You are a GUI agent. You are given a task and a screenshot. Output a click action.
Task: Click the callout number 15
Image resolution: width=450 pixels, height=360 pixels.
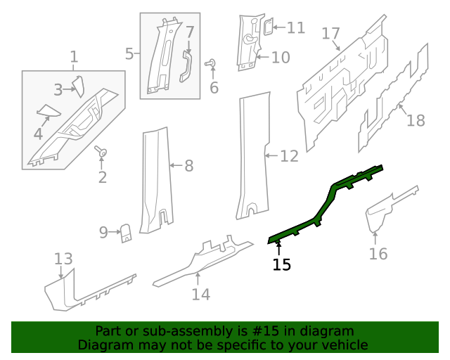point(282,264)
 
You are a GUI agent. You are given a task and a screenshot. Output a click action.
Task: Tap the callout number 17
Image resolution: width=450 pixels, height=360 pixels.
point(331,33)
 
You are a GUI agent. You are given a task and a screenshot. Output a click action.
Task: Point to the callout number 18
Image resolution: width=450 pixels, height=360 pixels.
point(416,120)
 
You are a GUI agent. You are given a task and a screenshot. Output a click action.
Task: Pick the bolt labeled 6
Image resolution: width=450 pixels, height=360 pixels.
point(210,64)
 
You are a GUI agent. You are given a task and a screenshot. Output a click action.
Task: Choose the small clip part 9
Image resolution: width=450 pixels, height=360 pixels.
point(127,232)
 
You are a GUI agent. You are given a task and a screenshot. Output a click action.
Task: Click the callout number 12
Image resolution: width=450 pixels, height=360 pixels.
point(290,156)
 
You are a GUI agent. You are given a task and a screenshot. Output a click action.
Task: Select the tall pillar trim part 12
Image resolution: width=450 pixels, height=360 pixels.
point(252,155)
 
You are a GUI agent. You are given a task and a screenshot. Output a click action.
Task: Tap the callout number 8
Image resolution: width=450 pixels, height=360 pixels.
point(188,166)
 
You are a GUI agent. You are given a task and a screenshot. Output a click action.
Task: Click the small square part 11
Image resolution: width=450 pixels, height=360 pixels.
point(268,27)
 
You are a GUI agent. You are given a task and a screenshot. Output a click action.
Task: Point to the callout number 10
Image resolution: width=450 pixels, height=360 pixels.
point(281,57)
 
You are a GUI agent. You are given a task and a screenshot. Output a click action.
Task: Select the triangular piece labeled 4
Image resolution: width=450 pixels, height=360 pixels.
point(49,110)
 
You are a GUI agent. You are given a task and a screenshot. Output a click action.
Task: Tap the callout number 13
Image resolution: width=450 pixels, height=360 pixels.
point(63,258)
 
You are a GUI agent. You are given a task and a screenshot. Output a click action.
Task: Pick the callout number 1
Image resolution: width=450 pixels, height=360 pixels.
point(74,57)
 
